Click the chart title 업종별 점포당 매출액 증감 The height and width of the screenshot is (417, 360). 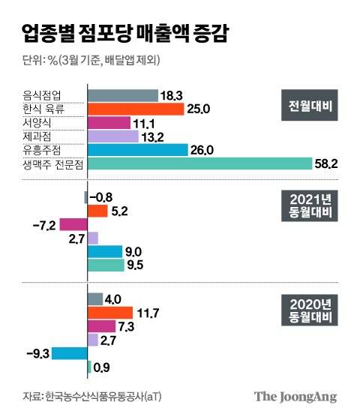(x=126, y=33)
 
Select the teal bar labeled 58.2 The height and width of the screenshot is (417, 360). (x=199, y=163)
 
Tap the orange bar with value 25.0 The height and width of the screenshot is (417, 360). (x=136, y=109)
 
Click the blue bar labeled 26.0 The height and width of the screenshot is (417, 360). (x=138, y=150)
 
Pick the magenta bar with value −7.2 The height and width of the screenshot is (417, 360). (x=73, y=224)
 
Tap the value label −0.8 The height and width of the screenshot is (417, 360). (x=103, y=197)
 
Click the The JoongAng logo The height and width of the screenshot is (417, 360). (x=295, y=397)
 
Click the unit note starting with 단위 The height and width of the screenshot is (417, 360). (x=89, y=60)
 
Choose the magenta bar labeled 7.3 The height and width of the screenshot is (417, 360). (x=101, y=326)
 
